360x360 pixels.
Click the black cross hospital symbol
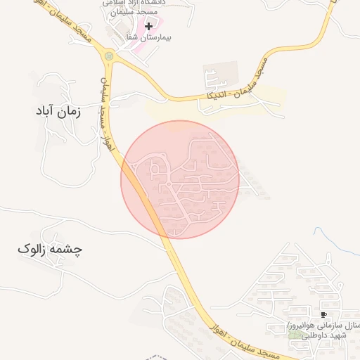click(x=148, y=26)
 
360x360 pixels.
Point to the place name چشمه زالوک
click(x=49, y=250)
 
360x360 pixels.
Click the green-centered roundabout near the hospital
click(x=108, y=56)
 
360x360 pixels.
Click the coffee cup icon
click(x=323, y=314)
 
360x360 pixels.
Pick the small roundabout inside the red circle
click(x=169, y=184)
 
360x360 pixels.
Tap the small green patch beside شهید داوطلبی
click(x=292, y=335)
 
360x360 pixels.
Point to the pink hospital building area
click(x=134, y=35)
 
